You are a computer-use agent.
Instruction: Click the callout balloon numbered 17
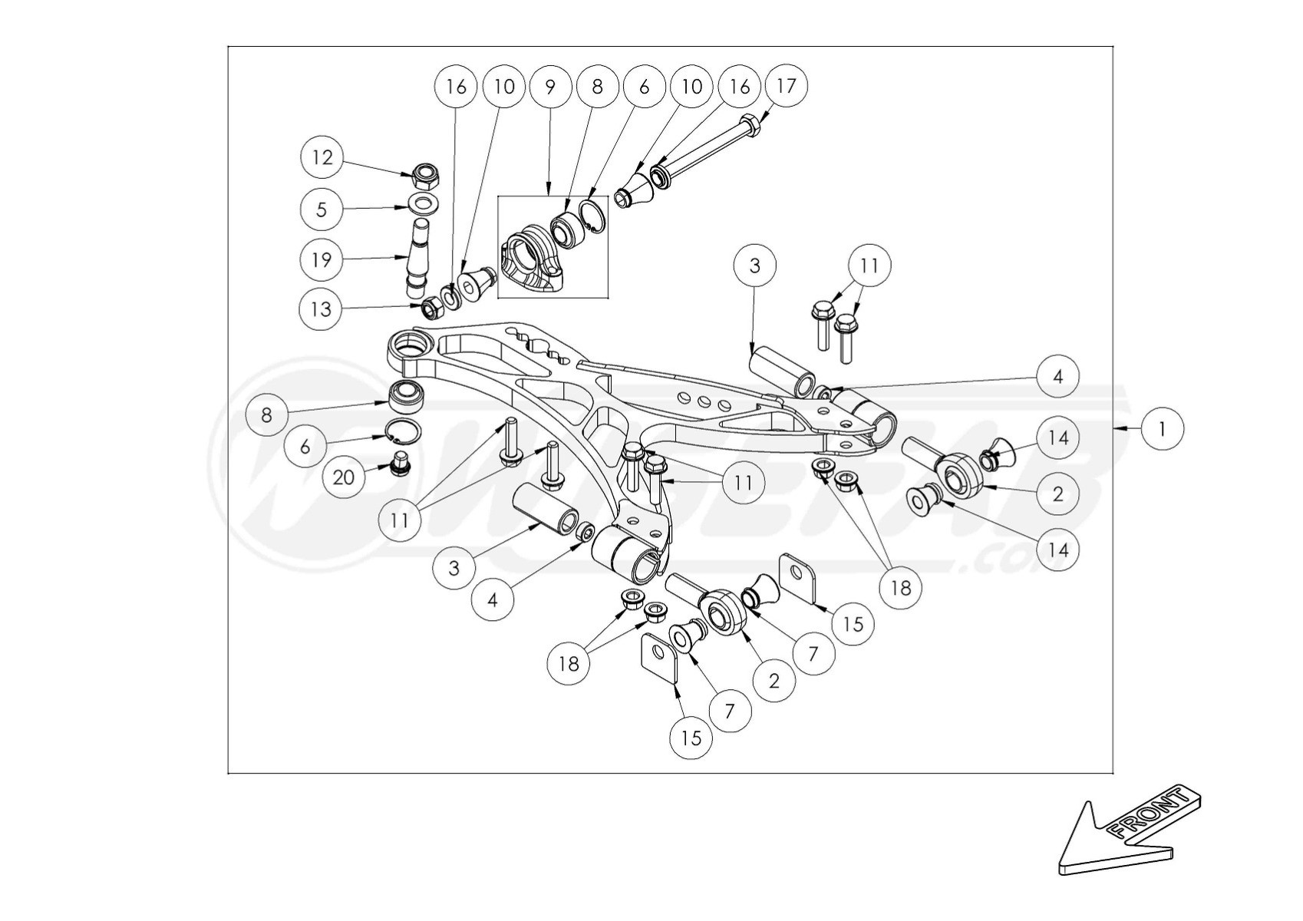787,86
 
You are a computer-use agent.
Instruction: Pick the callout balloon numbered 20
343,477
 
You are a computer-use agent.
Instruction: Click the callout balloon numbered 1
1162,429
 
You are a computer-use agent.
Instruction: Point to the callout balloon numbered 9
549,86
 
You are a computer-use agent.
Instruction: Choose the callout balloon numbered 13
321,309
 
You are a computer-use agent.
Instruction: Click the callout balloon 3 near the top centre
754,266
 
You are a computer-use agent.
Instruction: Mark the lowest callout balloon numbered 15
691,738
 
